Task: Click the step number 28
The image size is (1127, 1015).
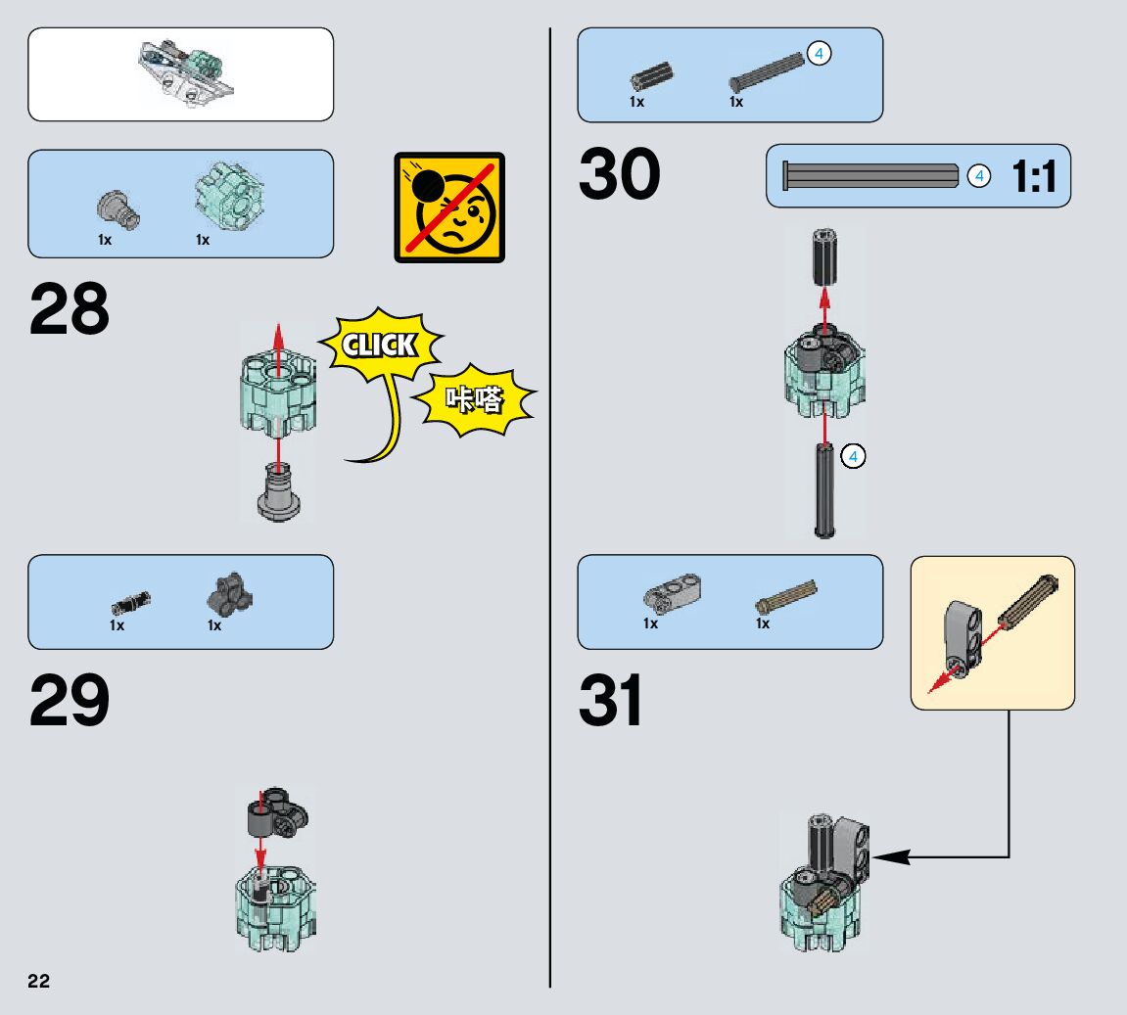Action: [x=70, y=309]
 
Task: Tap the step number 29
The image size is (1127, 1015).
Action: [x=70, y=701]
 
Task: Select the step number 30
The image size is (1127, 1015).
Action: [x=619, y=175]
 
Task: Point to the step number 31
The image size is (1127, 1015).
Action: [x=612, y=701]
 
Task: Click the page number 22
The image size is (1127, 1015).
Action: [x=38, y=982]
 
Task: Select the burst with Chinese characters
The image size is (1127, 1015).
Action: [x=475, y=398]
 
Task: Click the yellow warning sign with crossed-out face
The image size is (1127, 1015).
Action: [x=449, y=208]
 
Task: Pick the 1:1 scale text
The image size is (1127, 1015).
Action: [x=1034, y=177]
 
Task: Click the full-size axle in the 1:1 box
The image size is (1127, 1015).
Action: [x=870, y=176]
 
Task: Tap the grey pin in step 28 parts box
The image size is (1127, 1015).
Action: [x=117, y=206]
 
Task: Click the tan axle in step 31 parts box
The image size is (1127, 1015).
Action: [x=785, y=594]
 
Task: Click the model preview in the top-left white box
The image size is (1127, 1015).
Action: [x=186, y=73]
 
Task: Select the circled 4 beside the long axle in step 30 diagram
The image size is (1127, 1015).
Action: [x=853, y=456]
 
